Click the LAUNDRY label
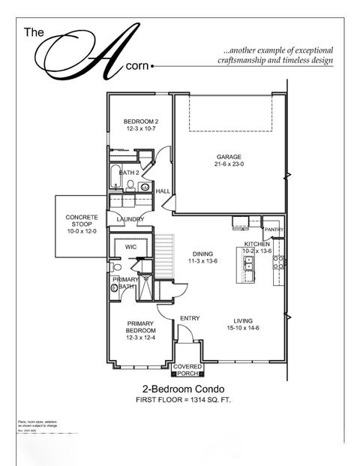coord(130,219)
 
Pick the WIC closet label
coord(130,246)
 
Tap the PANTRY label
coord(274,230)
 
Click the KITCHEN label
coord(257,245)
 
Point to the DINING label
coord(203,254)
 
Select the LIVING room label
coord(243,318)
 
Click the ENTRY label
coord(190,318)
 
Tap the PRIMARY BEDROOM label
coord(141,326)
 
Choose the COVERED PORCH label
coord(187,369)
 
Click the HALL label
coord(162,191)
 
